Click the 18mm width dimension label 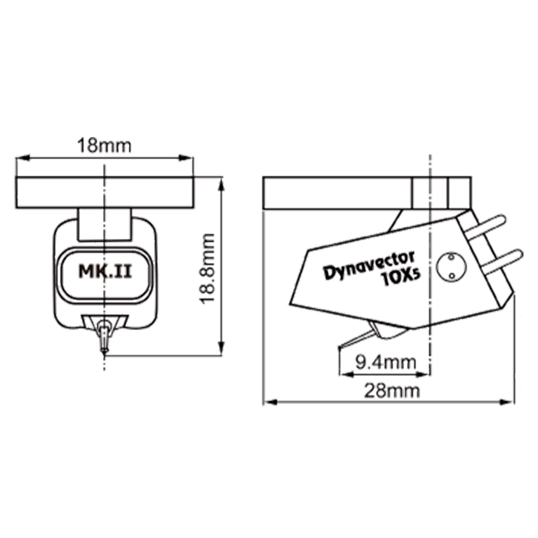coord(104,145)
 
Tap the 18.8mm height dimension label coord(208,268)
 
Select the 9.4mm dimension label coord(385,362)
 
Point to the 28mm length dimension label coord(392,391)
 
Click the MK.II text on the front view coord(105,271)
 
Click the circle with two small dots coord(451,267)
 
